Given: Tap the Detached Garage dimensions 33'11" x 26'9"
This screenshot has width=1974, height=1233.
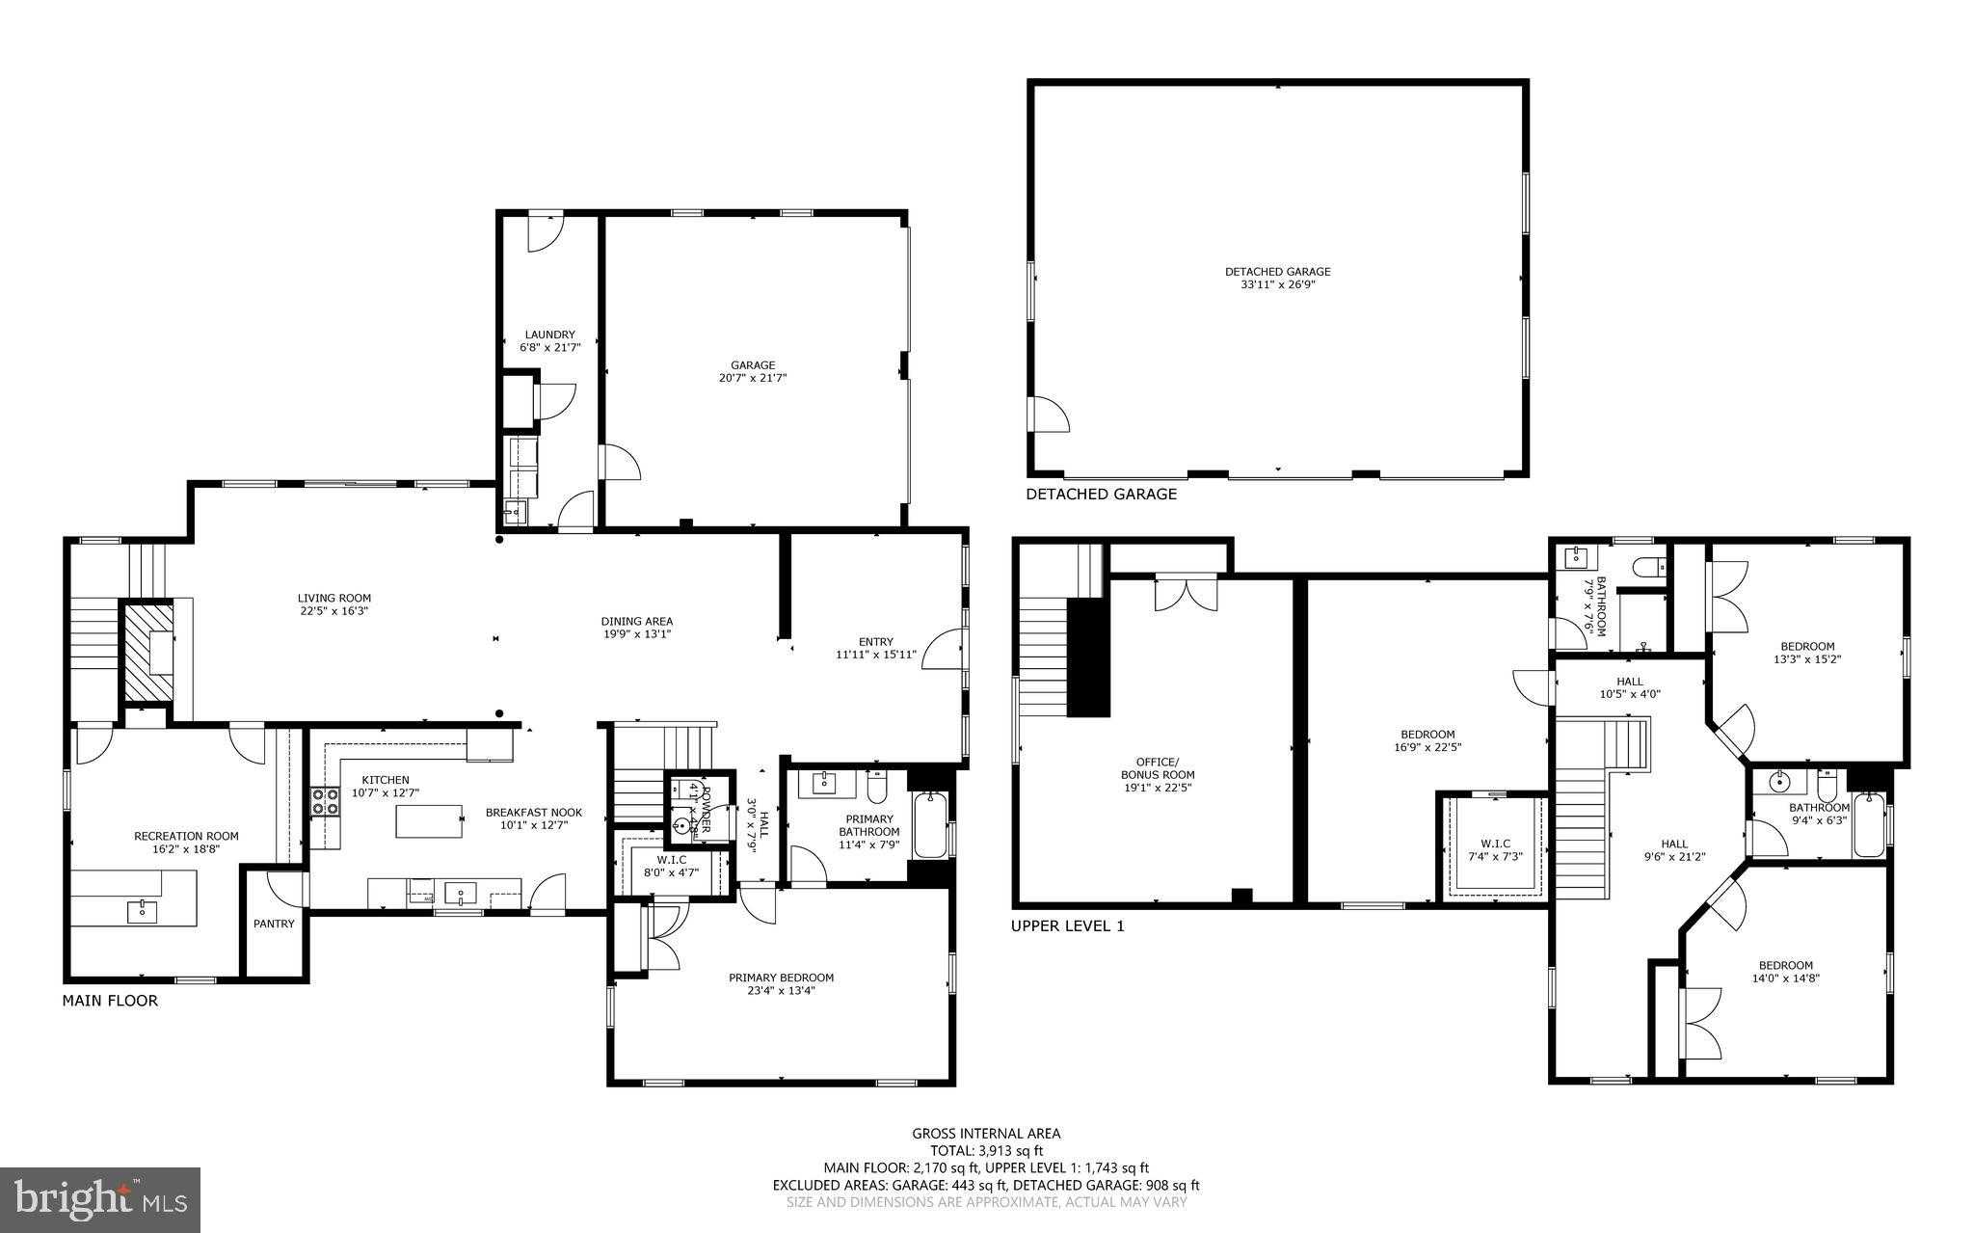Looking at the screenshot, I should coord(1277,284).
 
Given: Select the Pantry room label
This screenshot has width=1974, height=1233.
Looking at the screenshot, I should coord(274,924).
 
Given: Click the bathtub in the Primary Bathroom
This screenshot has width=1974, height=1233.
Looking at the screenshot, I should coord(930,824).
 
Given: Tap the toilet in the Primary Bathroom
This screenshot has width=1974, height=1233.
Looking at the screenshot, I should coord(877,788).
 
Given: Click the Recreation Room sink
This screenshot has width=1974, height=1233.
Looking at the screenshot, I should coord(143,908).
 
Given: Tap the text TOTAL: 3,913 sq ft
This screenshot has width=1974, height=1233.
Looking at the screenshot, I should coord(986,1150).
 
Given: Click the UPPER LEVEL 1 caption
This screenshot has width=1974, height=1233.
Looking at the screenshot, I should coord(1067,926).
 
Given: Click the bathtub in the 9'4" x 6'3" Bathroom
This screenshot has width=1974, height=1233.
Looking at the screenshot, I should coord(1868,825).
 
